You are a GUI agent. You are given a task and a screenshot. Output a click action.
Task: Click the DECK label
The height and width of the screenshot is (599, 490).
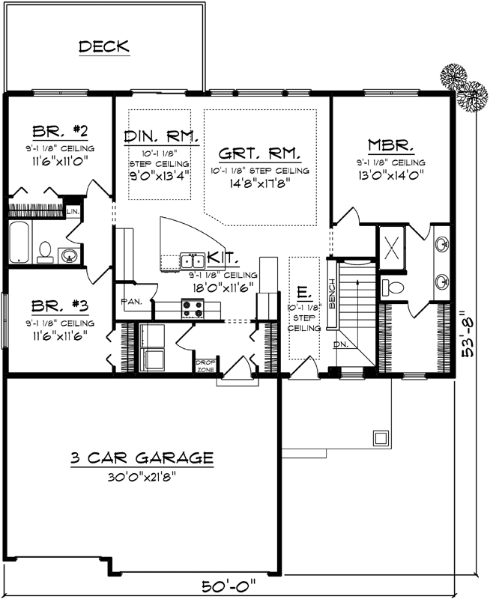(104, 46)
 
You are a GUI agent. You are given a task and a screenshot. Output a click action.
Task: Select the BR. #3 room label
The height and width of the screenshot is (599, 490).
(61, 306)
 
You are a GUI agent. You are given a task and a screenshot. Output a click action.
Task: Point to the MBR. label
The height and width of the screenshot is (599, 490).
(390, 145)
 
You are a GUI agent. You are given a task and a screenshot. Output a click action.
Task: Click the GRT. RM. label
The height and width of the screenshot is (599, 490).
(260, 153)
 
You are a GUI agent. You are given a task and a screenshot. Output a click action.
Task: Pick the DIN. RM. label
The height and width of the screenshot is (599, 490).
(160, 136)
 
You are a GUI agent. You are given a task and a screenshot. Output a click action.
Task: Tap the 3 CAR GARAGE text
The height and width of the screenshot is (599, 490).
(142, 457)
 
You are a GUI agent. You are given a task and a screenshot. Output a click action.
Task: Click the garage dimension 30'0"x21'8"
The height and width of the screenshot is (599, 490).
(142, 475)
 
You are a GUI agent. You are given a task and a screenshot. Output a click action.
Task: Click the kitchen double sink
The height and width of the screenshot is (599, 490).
(193, 261)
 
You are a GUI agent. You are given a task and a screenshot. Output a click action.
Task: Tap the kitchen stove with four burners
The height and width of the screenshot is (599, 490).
(192, 307)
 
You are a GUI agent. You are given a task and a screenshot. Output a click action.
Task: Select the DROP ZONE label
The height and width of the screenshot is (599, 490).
(205, 366)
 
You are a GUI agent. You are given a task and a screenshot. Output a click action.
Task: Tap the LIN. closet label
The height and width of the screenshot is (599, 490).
(73, 212)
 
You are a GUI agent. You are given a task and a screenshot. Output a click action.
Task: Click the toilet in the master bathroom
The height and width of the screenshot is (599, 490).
(391, 287)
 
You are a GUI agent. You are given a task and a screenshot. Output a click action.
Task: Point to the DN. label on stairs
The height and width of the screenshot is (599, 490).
(341, 344)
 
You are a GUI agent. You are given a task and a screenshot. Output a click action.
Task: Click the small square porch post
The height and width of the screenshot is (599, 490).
(381, 437)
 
